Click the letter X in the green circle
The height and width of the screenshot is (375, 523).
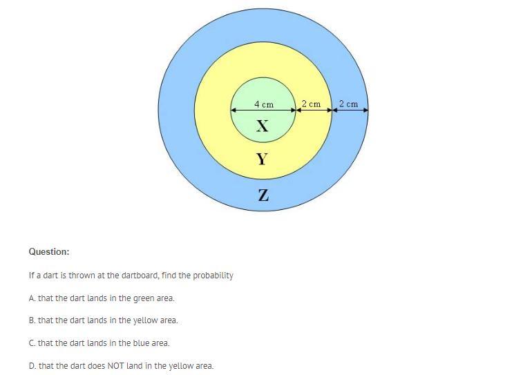[262, 126]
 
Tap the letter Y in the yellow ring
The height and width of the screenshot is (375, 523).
[262, 160]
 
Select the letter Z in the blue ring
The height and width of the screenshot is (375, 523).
[263, 196]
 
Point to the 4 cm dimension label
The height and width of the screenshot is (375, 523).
[263, 104]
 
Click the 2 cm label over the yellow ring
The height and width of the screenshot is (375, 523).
[312, 104]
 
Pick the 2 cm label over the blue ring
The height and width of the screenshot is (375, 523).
[349, 104]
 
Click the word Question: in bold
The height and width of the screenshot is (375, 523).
[49, 252]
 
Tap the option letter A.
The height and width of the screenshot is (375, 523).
[32, 298]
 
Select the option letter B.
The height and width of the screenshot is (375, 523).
[32, 320]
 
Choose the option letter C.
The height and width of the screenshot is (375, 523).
[32, 343]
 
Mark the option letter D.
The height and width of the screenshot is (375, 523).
[32, 366]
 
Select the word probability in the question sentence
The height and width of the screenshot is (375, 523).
[213, 275]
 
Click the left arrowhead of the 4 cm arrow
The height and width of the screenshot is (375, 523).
[234, 110]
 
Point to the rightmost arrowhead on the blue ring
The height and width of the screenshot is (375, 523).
[365, 110]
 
